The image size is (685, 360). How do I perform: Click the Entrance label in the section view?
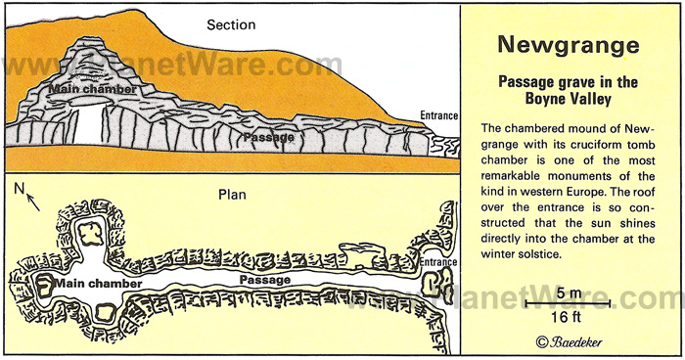pyautogui.click(x=438, y=115)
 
